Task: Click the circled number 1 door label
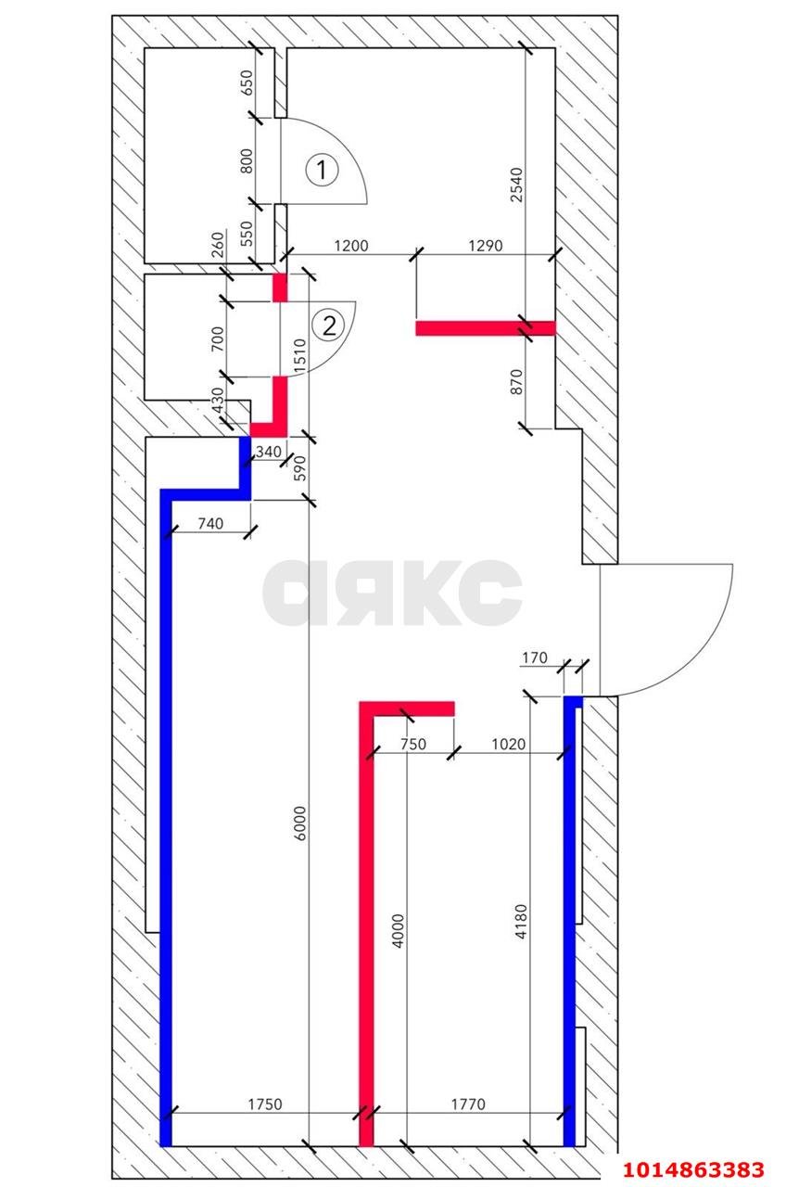point(321,170)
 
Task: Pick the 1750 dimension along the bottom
point(264,1104)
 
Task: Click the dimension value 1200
point(351,246)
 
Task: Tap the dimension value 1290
point(485,246)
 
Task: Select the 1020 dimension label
point(508,743)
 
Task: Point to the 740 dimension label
point(210,524)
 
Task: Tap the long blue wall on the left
point(167,816)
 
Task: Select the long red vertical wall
point(366,927)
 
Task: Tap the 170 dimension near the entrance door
point(535,659)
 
